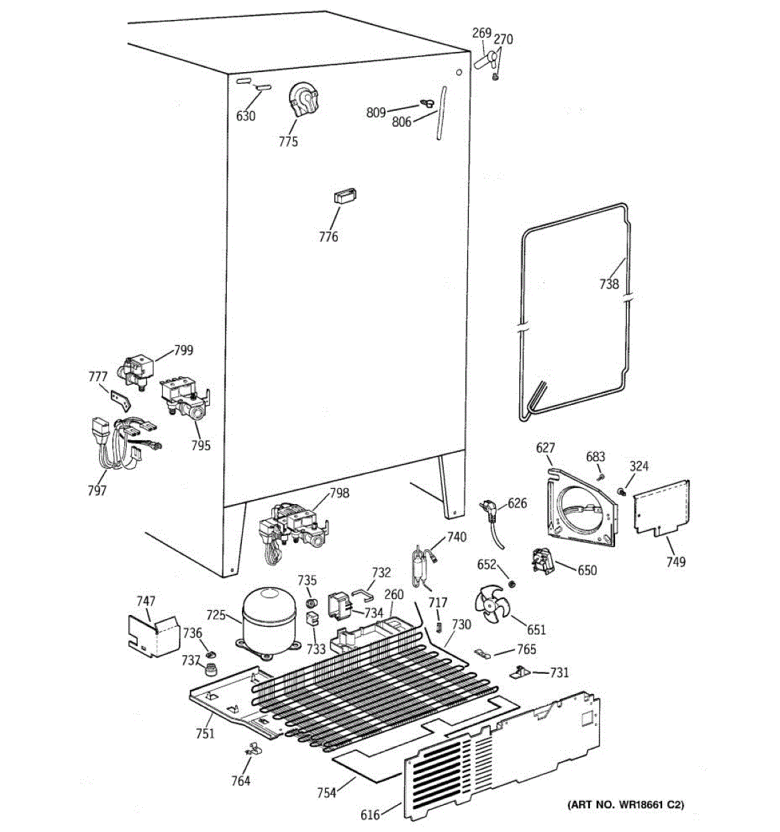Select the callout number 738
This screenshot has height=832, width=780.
(x=609, y=284)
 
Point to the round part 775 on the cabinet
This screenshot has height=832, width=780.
(x=303, y=101)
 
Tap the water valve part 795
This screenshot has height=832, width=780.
(x=184, y=401)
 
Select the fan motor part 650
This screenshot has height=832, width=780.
(x=544, y=560)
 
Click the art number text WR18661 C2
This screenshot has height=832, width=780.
(x=625, y=804)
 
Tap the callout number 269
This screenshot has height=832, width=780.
(x=481, y=33)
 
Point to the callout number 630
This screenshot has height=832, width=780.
(x=246, y=116)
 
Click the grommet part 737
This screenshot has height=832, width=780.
(x=210, y=670)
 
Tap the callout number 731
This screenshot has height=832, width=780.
(x=559, y=673)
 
